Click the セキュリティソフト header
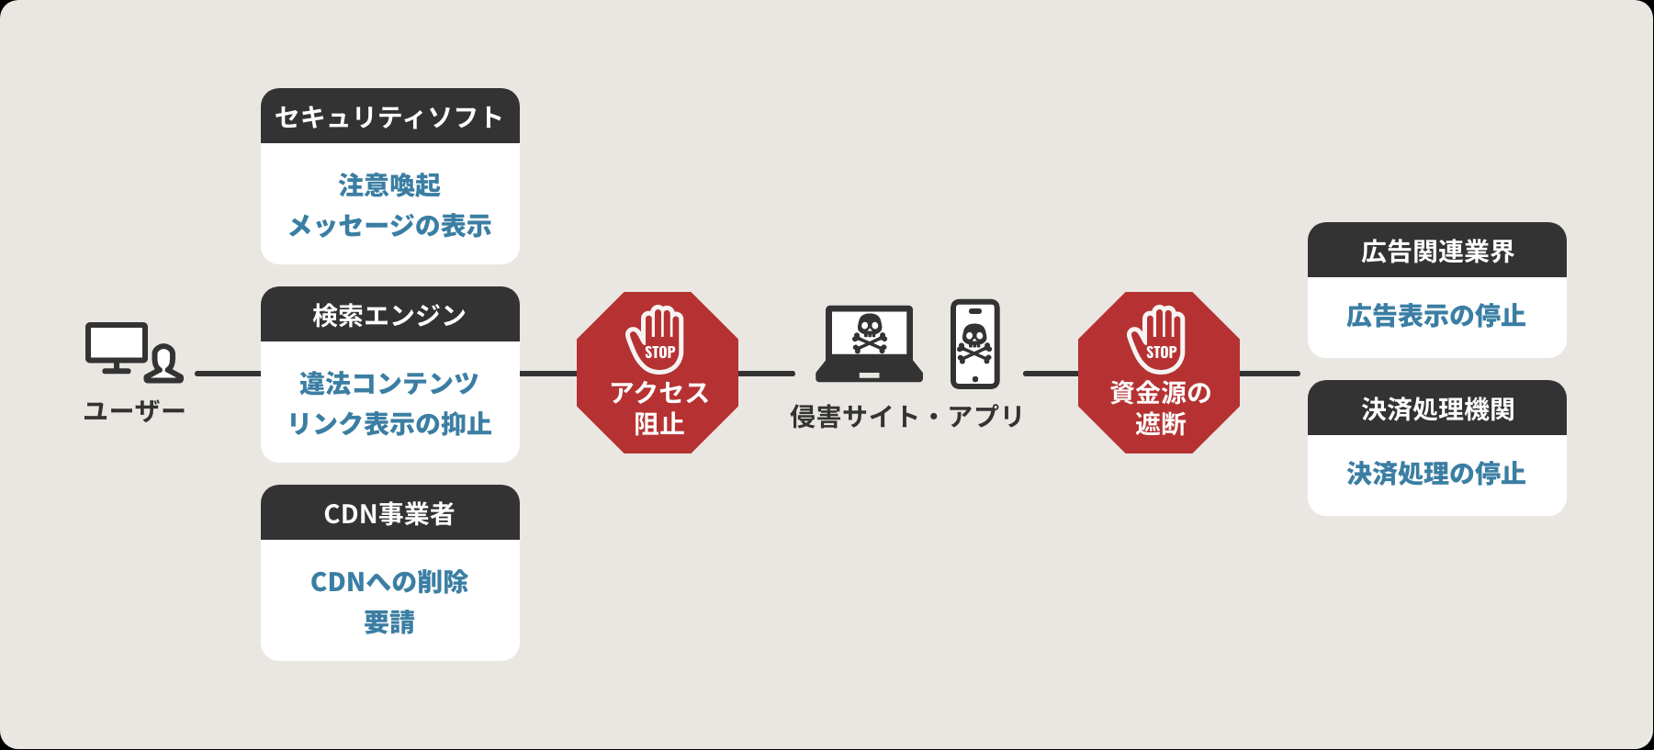coord(390,117)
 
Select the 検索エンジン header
coord(390,315)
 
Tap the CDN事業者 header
coord(390,513)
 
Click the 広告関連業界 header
coord(1437,251)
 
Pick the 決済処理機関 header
coord(1437,409)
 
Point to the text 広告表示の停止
coord(1436,316)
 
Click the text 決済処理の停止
coord(1436,474)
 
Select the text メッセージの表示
coord(390,226)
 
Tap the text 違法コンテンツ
coord(389,383)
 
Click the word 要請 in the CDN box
coord(389,622)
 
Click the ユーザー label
coord(134,410)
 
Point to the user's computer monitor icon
coord(117,347)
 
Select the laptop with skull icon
coord(870,342)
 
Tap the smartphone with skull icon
coord(975,343)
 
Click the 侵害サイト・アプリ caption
coord(907,417)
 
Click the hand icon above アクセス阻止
coord(656,339)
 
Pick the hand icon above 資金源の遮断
coord(1157,339)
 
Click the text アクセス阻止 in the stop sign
coord(658,408)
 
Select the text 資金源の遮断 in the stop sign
coord(1160,408)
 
